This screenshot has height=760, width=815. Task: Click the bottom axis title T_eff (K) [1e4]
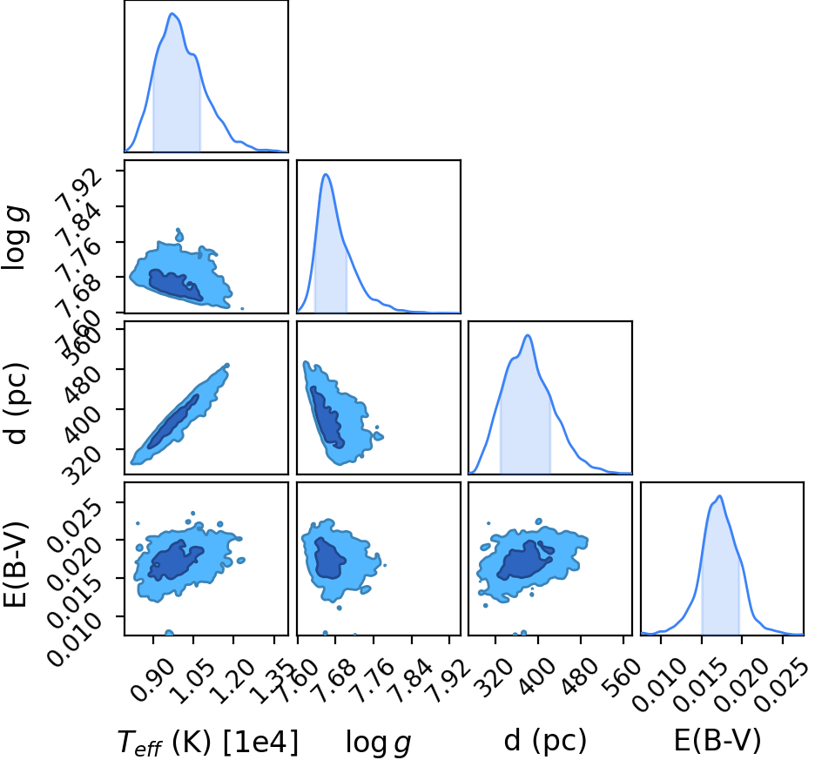click(208, 742)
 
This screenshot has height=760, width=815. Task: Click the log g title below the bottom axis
click(379, 743)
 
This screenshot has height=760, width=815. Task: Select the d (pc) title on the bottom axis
click(545, 740)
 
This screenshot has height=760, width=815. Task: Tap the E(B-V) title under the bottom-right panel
click(717, 740)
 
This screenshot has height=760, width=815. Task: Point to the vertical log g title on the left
click(15, 238)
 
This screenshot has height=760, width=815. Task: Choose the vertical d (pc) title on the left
click(17, 403)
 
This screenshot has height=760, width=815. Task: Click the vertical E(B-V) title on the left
click(15, 563)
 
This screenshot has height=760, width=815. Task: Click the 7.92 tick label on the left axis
click(79, 191)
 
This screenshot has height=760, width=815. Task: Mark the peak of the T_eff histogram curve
click(172, 14)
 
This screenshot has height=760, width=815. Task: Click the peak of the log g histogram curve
click(326, 174)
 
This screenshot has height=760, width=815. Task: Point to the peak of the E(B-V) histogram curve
click(719, 496)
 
